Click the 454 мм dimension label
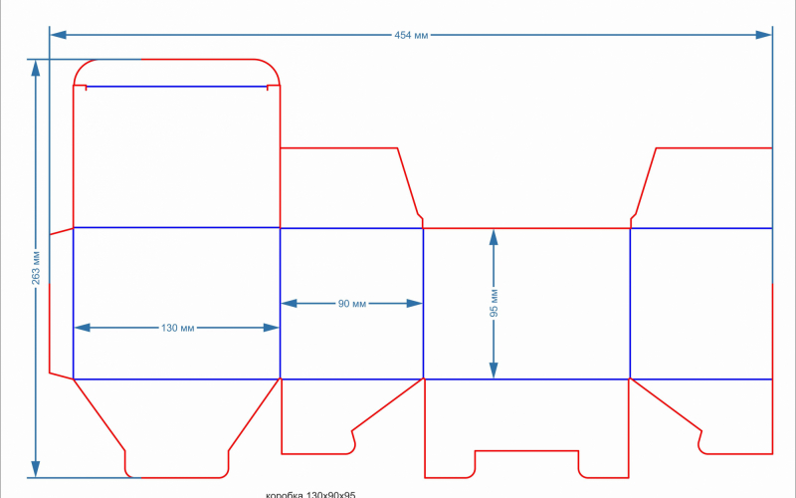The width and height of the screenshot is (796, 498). (411, 35)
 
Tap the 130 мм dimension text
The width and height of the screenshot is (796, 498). (176, 328)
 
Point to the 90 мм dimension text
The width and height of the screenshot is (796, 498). (351, 303)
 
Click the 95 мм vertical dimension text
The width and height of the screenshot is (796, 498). (494, 303)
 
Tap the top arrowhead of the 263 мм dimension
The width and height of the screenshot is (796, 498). (36, 68)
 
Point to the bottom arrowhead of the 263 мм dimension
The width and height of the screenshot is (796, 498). (36, 469)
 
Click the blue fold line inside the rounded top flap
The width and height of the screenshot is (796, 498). (177, 88)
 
